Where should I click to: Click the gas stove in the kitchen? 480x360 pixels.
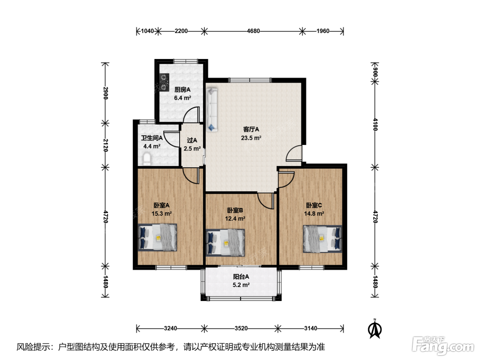pyautogui.click(x=164, y=82)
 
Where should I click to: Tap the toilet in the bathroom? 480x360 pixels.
pyautogui.click(x=147, y=159)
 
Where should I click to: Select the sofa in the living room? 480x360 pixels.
pyautogui.click(x=212, y=110)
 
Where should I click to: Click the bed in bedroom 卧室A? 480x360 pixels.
pyautogui.click(x=157, y=237)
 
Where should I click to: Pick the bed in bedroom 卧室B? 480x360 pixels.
pyautogui.click(x=226, y=242)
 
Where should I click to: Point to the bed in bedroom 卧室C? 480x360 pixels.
pyautogui.click(x=322, y=239)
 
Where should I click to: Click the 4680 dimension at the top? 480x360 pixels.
pyautogui.click(x=253, y=31)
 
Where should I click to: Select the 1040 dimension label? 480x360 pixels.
pyautogui.click(x=147, y=31)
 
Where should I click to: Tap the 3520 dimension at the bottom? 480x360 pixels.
pyautogui.click(x=241, y=328)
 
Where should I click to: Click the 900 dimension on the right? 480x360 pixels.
pyautogui.click(x=375, y=72)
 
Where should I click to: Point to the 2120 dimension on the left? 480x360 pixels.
pyautogui.click(x=105, y=145)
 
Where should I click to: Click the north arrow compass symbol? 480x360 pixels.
pyautogui.click(x=375, y=329)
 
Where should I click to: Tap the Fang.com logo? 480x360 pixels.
pyautogui.click(x=443, y=346)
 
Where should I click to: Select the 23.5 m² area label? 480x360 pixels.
pyautogui.click(x=251, y=138)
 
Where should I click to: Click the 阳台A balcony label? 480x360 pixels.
pyautogui.click(x=241, y=277)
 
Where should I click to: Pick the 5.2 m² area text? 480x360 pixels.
pyautogui.click(x=241, y=285)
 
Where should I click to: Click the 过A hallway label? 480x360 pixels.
pyautogui.click(x=192, y=140)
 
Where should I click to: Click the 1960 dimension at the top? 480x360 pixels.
pyautogui.click(x=323, y=31)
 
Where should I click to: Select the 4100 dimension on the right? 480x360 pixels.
pyautogui.click(x=375, y=124)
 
